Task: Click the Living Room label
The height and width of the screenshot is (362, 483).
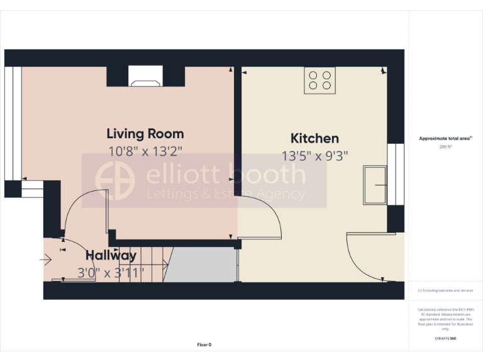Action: pyautogui.click(x=145, y=133)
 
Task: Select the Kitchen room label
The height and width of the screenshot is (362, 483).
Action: pyautogui.click(x=314, y=138)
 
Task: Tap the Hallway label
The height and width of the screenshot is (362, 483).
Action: pyautogui.click(x=111, y=255)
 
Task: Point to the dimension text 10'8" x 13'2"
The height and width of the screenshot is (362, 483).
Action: pyautogui.click(x=145, y=151)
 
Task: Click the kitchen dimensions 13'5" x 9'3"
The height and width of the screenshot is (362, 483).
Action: pyautogui.click(x=314, y=155)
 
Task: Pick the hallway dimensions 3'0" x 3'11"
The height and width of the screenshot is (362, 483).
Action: pyautogui.click(x=111, y=272)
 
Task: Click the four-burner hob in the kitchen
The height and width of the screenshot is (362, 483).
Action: pyautogui.click(x=319, y=80)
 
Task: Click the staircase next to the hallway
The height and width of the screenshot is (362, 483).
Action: pyautogui.click(x=154, y=264)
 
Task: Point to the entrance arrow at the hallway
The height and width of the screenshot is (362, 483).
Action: pyautogui.click(x=47, y=259)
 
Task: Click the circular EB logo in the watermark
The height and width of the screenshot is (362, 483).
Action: pyautogui.click(x=114, y=179)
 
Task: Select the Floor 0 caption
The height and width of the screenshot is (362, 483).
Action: pyautogui.click(x=204, y=344)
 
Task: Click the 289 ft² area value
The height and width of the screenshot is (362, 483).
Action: pyautogui.click(x=445, y=146)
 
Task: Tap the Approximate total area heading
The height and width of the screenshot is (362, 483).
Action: pyautogui.click(x=445, y=138)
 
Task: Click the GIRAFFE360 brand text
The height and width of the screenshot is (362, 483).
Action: pyautogui.click(x=445, y=339)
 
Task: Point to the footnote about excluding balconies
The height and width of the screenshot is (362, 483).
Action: pyautogui.click(x=445, y=290)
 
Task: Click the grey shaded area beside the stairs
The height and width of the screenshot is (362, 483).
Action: pyautogui.click(x=203, y=264)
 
